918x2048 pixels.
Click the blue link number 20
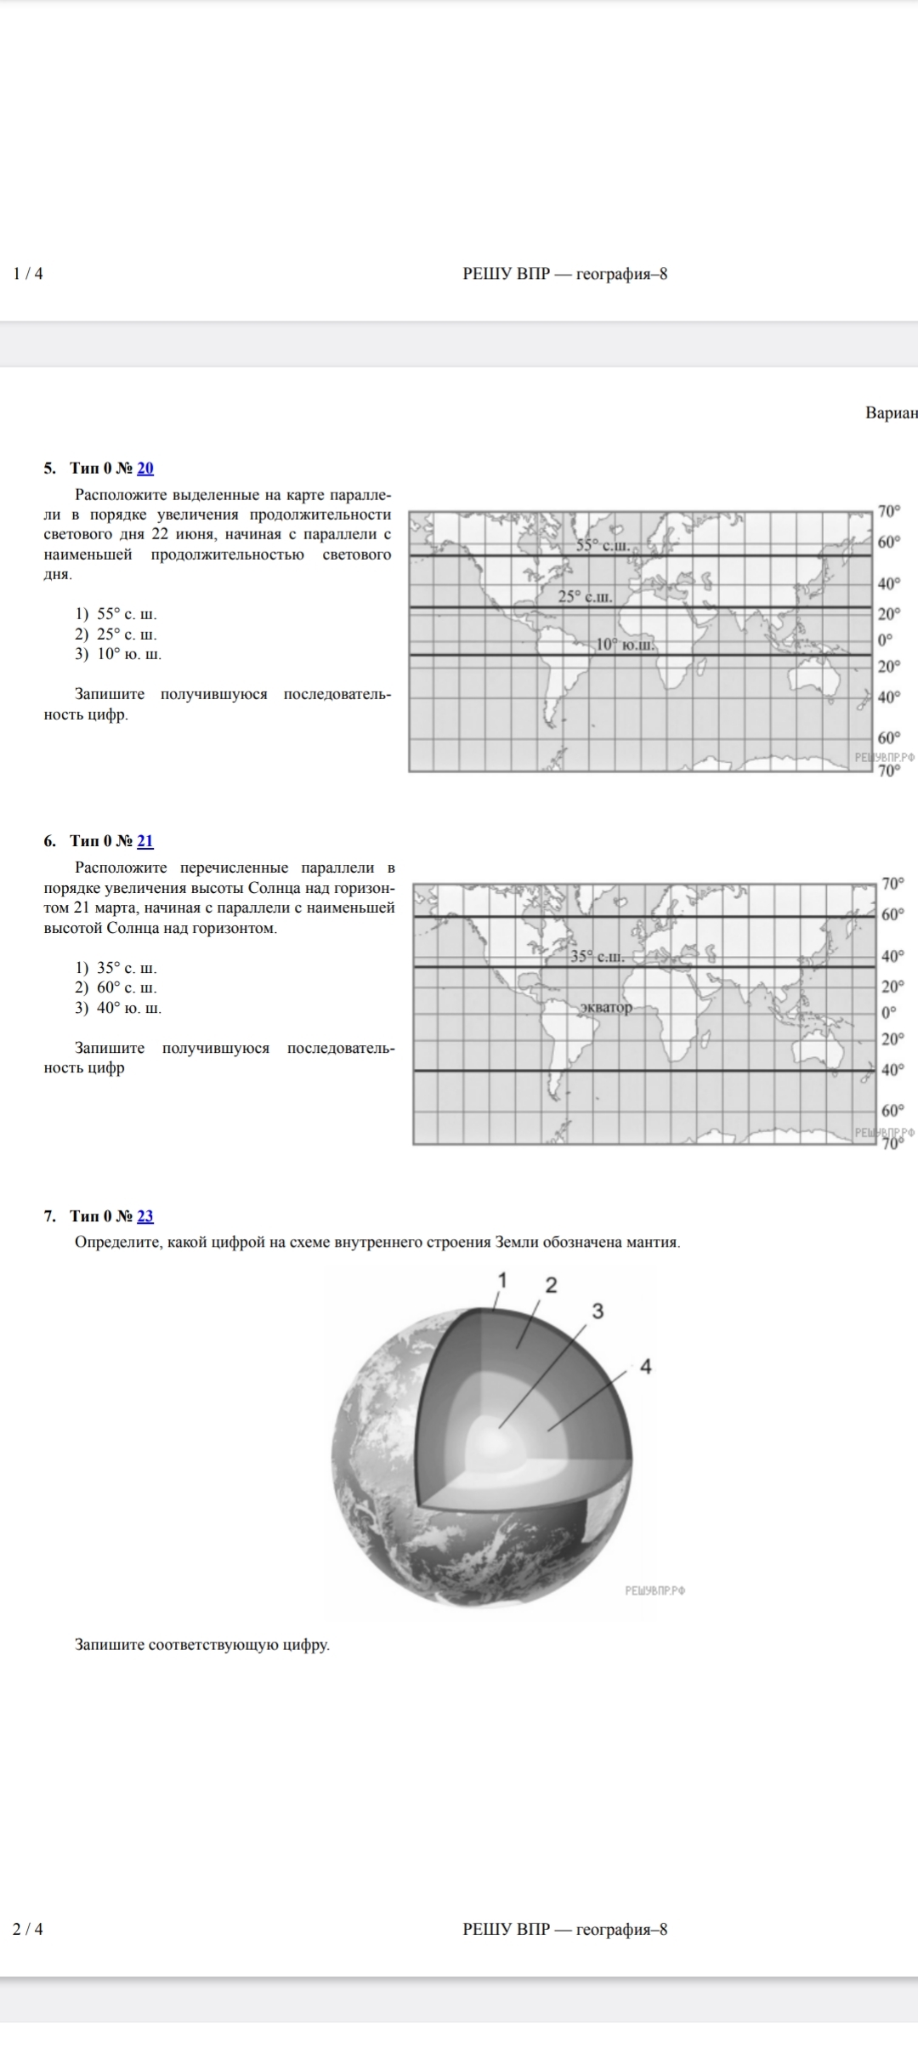point(145,468)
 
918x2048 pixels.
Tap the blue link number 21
point(145,841)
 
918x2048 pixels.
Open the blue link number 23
point(145,1216)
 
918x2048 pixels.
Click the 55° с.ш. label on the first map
point(603,545)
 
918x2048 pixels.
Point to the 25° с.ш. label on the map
point(585,597)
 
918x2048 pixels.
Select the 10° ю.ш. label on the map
point(625,645)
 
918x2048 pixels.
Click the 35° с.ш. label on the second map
point(597,957)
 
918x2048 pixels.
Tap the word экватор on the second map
point(606,1008)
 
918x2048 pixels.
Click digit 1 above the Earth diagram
point(502,1280)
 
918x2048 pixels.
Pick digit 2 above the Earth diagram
point(551,1285)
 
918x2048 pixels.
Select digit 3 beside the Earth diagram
point(598,1311)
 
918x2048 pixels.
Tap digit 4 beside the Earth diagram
point(645,1367)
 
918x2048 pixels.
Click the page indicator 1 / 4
point(28,274)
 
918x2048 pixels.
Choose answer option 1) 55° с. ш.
point(116,614)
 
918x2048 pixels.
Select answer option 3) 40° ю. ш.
point(118,1009)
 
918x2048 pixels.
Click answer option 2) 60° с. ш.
point(116,988)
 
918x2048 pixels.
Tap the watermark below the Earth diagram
point(654,1590)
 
